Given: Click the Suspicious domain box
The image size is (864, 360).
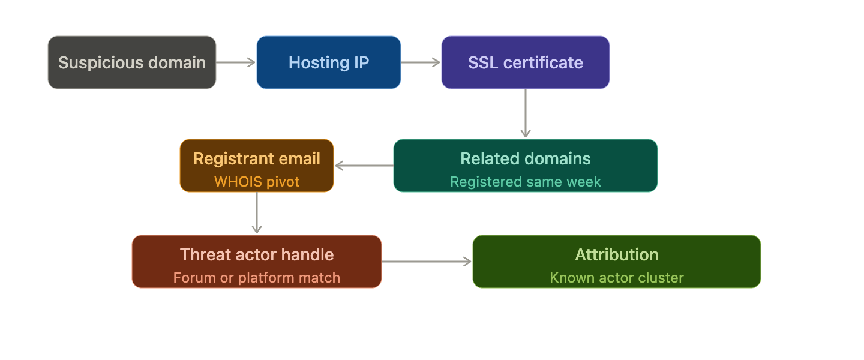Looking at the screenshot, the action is pyautogui.click(x=132, y=62).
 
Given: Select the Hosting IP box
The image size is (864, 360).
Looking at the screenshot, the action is pyautogui.click(x=329, y=62).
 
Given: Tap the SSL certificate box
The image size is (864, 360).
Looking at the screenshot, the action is pyautogui.click(x=526, y=62).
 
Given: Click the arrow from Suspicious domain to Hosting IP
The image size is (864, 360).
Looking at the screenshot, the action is pyautogui.click(x=236, y=62).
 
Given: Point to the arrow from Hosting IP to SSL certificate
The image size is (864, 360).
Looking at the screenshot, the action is pyautogui.click(x=421, y=62).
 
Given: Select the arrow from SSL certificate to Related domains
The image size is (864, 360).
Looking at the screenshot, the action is pyautogui.click(x=526, y=113).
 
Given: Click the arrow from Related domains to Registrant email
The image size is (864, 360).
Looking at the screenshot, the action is pyautogui.click(x=364, y=166).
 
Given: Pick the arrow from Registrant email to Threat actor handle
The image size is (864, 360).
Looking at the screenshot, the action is pyautogui.click(x=257, y=212).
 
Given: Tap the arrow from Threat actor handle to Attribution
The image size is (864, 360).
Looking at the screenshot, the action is pyautogui.click(x=427, y=262).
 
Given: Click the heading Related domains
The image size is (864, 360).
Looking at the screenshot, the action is pyautogui.click(x=526, y=158).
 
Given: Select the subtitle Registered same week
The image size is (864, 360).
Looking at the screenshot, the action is pyautogui.click(x=526, y=182).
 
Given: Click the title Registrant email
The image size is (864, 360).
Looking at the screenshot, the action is pyautogui.click(x=257, y=158).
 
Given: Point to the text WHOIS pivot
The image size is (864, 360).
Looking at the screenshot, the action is pyautogui.click(x=257, y=182).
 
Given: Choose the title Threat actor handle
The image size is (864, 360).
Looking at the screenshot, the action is pyautogui.click(x=257, y=254).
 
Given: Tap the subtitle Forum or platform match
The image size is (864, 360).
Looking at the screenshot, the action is pyautogui.click(x=257, y=278).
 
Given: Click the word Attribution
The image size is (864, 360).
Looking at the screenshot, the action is pyautogui.click(x=617, y=254).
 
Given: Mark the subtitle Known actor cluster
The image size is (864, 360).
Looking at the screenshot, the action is pyautogui.click(x=617, y=278).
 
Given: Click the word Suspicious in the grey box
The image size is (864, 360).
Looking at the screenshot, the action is pyautogui.click(x=101, y=63).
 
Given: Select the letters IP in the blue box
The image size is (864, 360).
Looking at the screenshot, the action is pyautogui.click(x=361, y=62).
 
